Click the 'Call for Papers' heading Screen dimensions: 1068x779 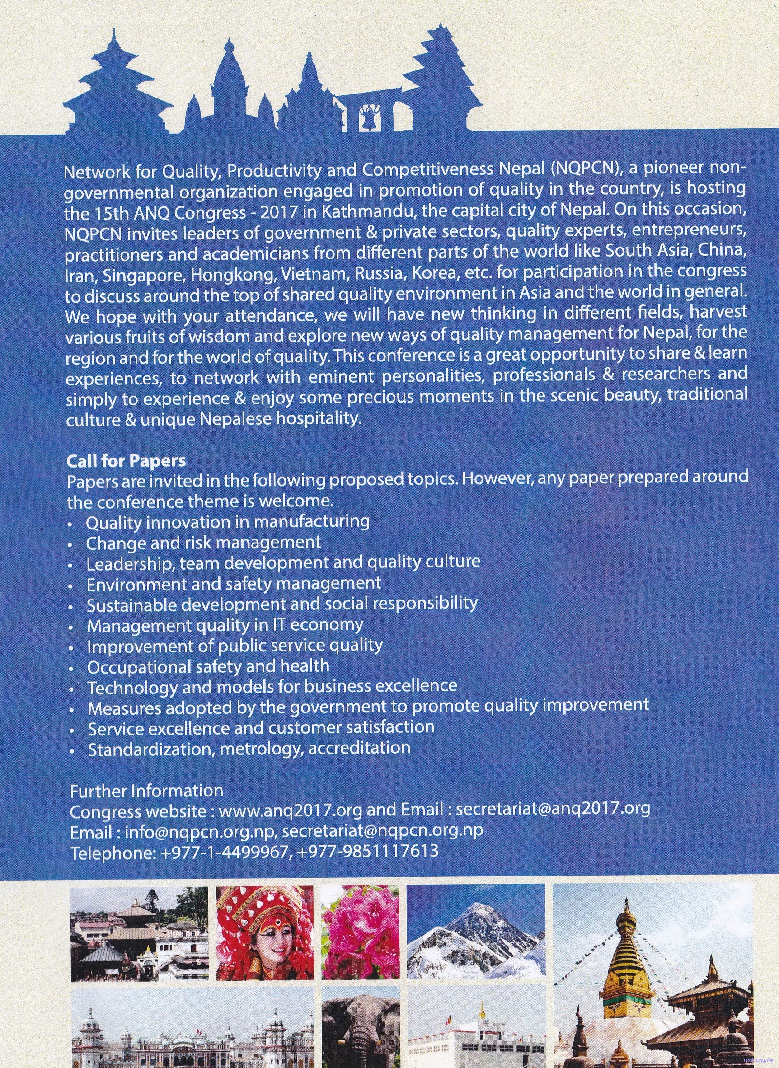(127, 460)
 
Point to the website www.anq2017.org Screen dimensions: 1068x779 (291, 809)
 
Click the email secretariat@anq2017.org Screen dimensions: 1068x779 (553, 808)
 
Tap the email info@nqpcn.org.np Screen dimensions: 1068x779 (200, 830)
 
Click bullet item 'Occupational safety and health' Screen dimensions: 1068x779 (208, 665)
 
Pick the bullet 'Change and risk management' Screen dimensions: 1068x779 (203, 542)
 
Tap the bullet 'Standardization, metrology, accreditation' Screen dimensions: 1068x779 (249, 748)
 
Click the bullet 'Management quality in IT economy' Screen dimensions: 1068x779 (225, 624)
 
